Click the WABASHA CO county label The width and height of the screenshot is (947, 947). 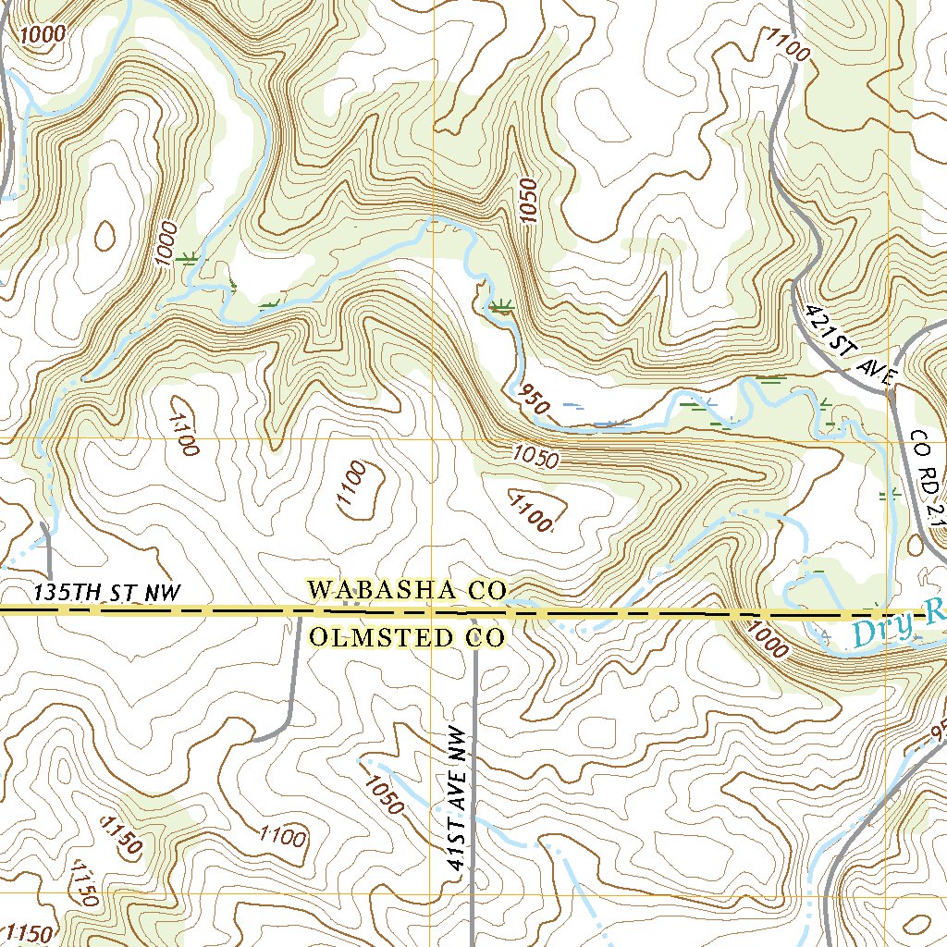click(407, 589)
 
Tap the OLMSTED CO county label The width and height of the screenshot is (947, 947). click(407, 637)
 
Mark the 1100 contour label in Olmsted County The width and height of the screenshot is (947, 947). click(282, 838)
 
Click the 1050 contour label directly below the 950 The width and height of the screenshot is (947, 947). click(535, 457)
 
